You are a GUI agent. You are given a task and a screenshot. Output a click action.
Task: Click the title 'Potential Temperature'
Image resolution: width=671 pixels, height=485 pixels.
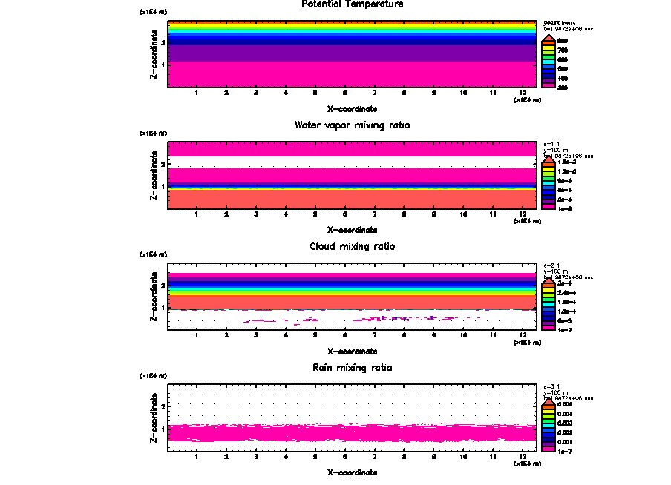click(353, 4)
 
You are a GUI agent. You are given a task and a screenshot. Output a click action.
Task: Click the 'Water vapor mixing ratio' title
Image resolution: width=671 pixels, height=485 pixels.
click(353, 125)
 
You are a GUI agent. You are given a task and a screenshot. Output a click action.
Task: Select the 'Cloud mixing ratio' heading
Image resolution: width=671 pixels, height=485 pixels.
click(353, 246)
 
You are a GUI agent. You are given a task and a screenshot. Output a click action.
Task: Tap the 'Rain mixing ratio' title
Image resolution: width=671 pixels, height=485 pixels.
click(353, 368)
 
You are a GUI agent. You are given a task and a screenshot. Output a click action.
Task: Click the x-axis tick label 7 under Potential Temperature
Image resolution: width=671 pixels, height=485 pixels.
click(374, 93)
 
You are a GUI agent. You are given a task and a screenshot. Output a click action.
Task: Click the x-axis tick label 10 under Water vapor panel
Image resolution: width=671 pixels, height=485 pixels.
click(463, 214)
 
